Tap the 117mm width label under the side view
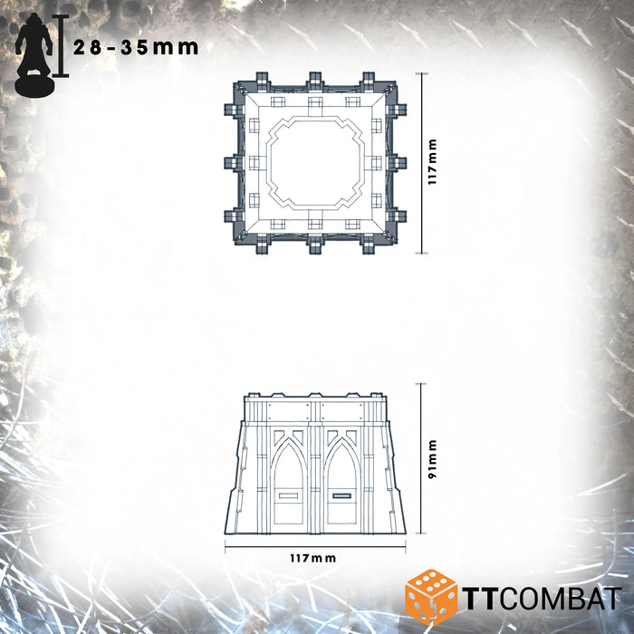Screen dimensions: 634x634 pyautogui.click(x=312, y=560)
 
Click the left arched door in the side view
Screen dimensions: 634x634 pyautogui.click(x=289, y=482)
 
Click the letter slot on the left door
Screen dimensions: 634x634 pyautogui.click(x=290, y=495)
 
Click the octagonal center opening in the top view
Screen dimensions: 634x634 pyautogui.click(x=314, y=162)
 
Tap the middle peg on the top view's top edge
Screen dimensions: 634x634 pyautogui.click(x=314, y=80)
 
